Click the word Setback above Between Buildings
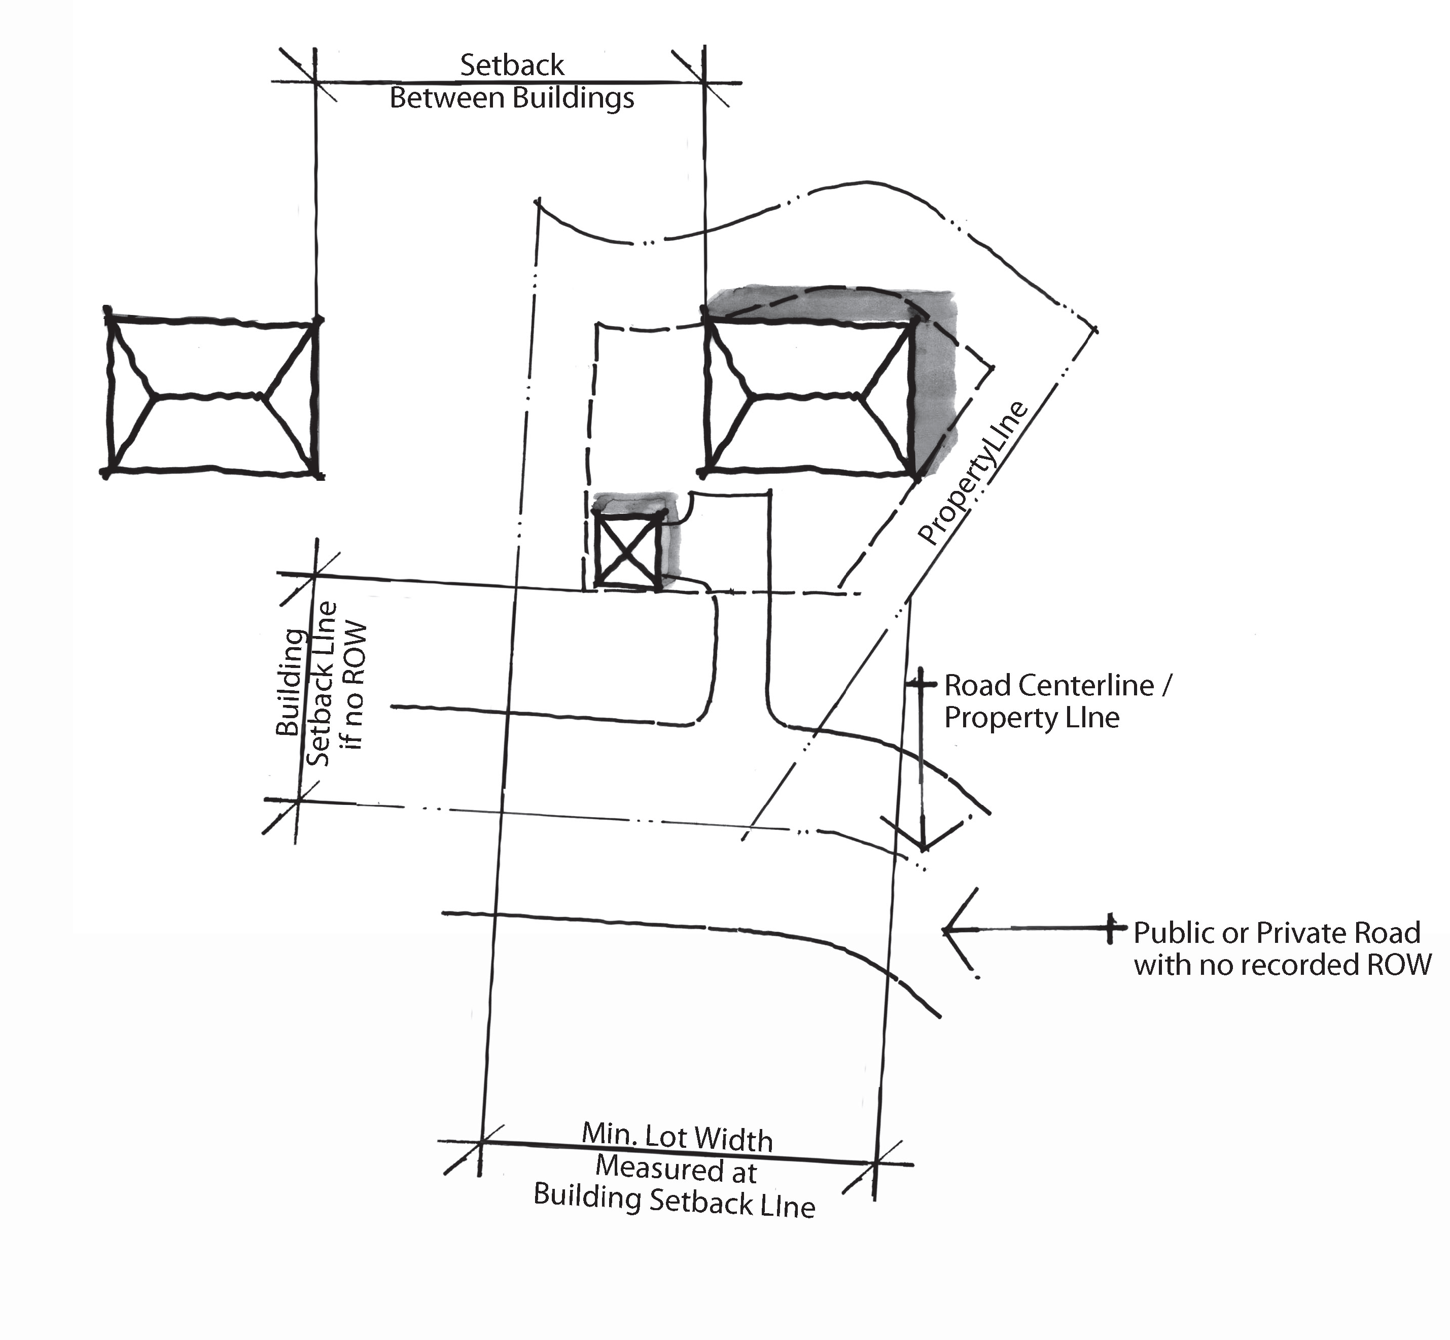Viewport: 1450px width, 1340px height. click(512, 65)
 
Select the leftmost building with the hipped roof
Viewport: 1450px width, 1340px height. click(211, 397)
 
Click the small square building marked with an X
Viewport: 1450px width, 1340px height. click(628, 547)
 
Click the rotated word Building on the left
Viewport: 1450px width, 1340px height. click(291, 682)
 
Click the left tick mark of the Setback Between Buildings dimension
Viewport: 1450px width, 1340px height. click(315, 81)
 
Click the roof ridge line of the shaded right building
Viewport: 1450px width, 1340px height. click(805, 396)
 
